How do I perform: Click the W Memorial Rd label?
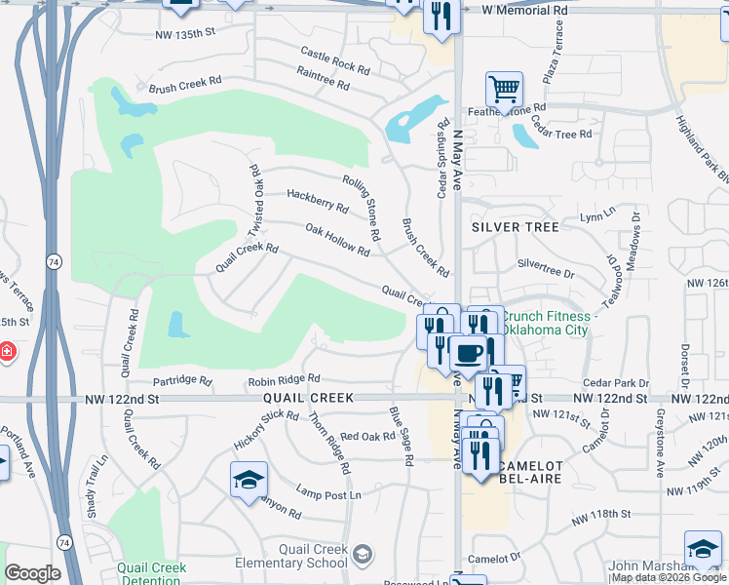(524, 9)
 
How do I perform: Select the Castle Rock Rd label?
(335, 61)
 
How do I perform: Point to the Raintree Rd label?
(324, 79)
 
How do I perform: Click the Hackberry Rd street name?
(317, 201)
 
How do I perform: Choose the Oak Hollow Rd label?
(337, 240)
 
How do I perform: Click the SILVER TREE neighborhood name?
(515, 227)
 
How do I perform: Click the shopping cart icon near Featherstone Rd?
(504, 89)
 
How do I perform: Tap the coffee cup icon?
(468, 352)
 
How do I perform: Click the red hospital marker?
(6, 349)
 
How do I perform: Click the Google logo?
(33, 573)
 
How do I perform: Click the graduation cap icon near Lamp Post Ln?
(249, 479)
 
